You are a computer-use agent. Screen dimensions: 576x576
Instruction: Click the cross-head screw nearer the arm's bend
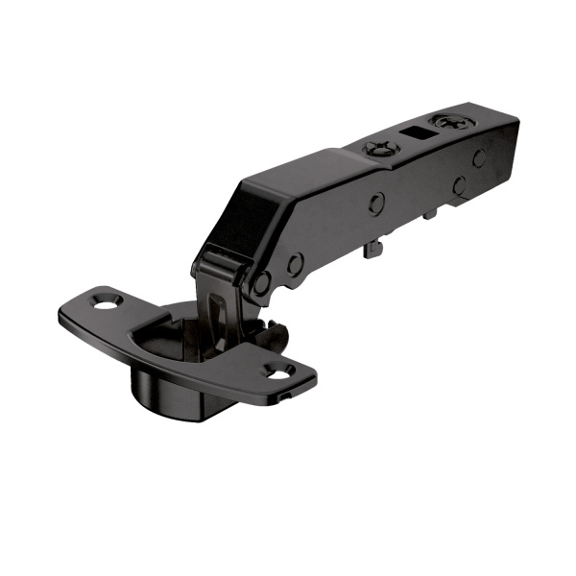(376, 149)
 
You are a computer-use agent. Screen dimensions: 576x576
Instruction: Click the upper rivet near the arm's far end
(478, 158)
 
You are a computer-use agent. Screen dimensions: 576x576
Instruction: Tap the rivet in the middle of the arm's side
(377, 203)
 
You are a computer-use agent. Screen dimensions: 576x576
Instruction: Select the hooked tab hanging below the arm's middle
(371, 249)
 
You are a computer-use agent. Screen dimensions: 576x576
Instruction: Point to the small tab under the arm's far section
(429, 213)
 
